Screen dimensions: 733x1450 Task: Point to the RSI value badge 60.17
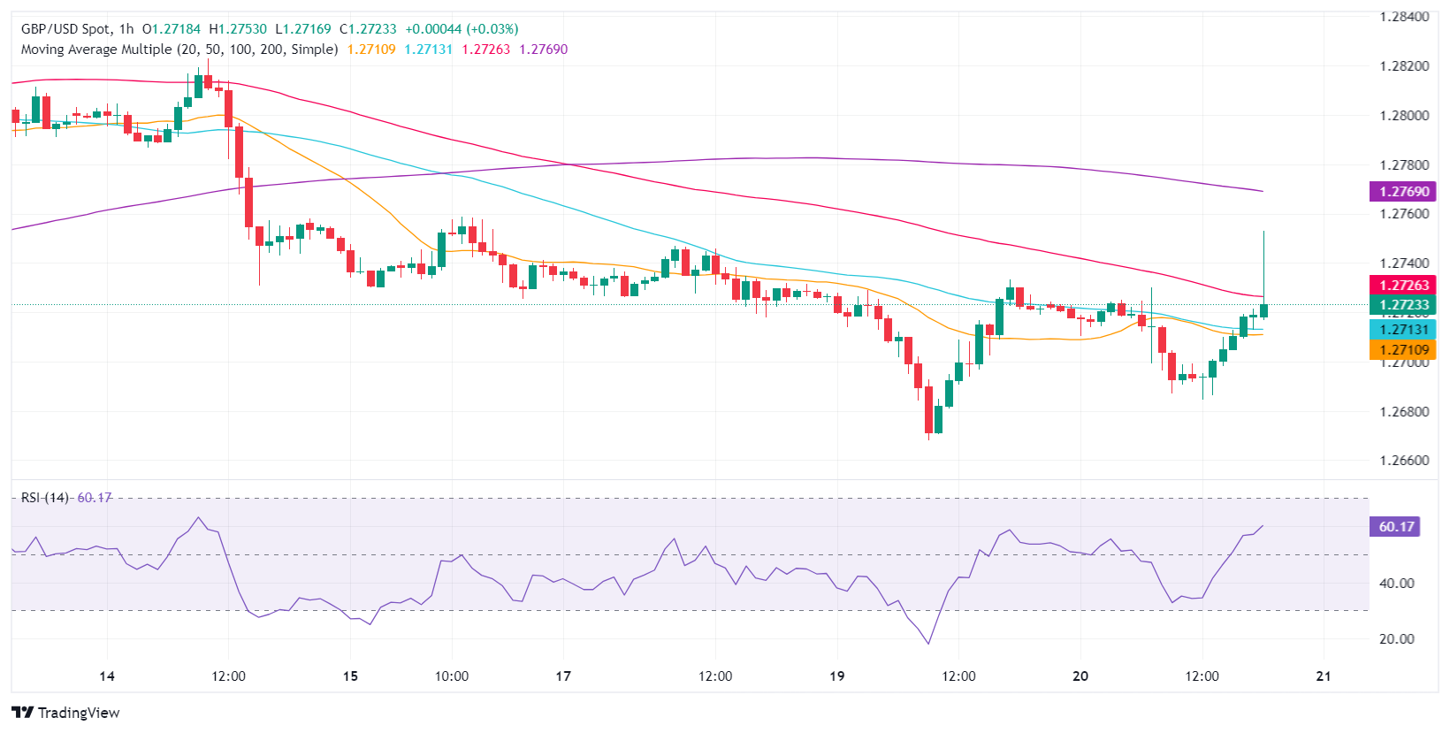[1396, 527]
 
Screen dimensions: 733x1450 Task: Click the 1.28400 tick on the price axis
[1404, 17]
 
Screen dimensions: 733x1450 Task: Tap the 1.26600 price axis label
[1404, 461]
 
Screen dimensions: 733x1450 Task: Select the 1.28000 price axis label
[1404, 116]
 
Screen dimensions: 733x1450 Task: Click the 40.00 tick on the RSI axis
[1396, 584]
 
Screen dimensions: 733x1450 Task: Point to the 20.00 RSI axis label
[1396, 639]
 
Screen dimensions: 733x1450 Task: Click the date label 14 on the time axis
[107, 676]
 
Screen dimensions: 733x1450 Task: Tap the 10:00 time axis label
[451, 676]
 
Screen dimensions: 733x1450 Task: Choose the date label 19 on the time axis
[836, 676]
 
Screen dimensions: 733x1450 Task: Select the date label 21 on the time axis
[1324, 676]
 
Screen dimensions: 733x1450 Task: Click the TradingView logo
[66, 713]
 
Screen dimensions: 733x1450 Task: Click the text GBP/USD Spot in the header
[66, 29]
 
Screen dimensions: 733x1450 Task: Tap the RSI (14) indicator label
[45, 498]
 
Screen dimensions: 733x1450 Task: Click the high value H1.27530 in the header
[237, 29]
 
